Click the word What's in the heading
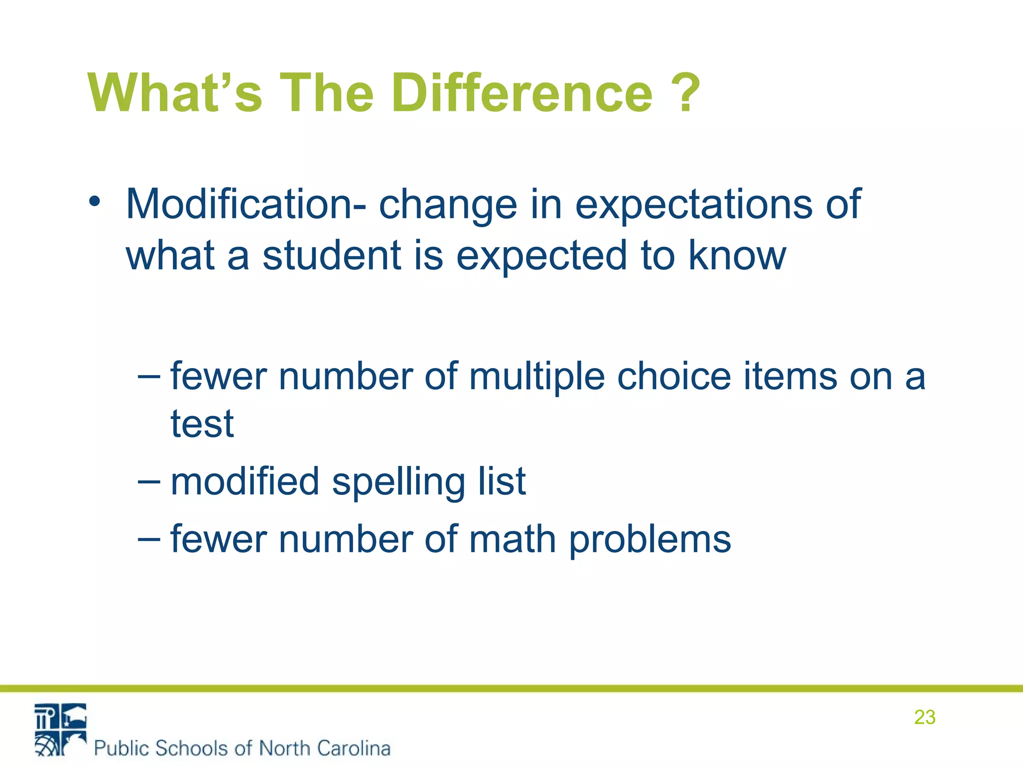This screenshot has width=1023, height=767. coord(175,94)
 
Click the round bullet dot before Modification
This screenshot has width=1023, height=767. coord(94,203)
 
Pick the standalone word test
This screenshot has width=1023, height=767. coord(202,424)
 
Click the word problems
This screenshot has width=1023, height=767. coord(650,540)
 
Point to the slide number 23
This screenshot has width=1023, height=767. coord(925,718)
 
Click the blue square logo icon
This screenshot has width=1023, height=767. coord(60,730)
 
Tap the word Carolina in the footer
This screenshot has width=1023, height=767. coord(354,748)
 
